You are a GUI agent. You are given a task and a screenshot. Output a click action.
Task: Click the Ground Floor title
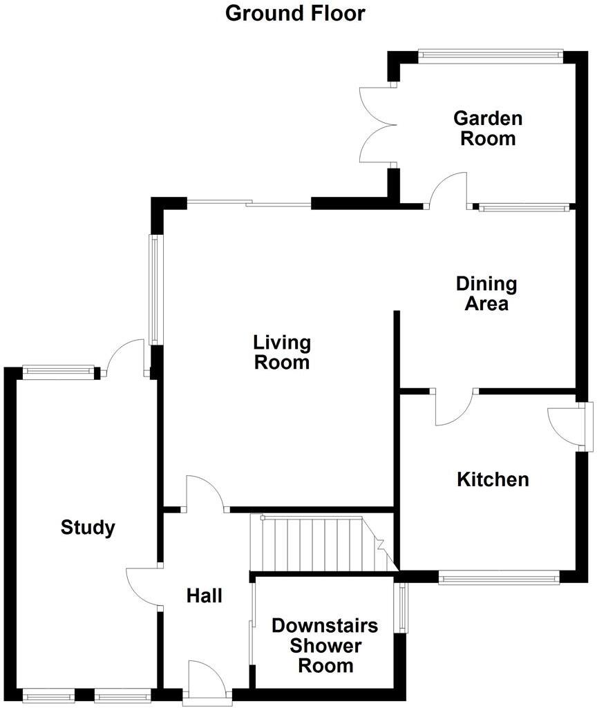tap(295, 12)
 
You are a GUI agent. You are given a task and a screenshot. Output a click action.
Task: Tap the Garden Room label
tap(487, 128)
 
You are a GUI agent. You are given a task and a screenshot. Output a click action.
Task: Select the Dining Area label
tap(486, 294)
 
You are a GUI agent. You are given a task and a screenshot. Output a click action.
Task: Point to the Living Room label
tap(282, 352)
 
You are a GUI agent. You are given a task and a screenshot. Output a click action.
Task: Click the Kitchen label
tap(493, 479)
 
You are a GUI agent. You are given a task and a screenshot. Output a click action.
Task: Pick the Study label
tap(88, 528)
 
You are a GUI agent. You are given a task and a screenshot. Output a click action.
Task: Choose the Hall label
tap(205, 595)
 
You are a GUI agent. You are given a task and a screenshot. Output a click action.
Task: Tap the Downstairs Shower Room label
tap(325, 646)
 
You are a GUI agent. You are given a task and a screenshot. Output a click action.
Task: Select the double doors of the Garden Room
tap(377, 125)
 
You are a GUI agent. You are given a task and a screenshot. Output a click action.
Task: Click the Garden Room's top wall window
tap(491, 55)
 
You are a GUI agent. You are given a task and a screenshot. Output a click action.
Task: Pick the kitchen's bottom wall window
tap(499, 576)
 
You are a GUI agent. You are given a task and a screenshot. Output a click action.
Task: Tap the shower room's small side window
tap(401, 608)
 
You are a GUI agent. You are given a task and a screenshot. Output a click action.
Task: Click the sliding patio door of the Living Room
tap(249, 203)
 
